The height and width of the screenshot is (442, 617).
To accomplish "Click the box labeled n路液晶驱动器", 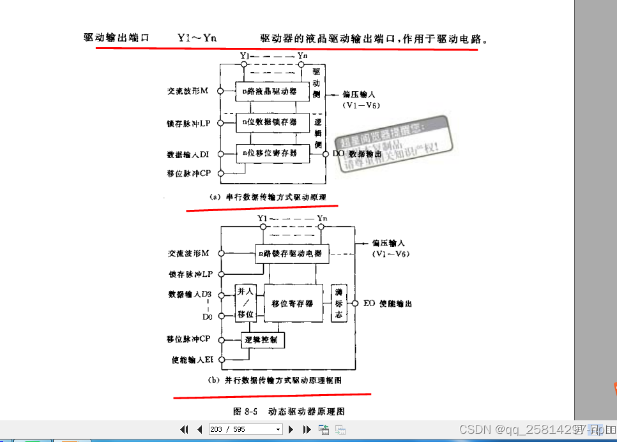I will pyautogui.click(x=269, y=91).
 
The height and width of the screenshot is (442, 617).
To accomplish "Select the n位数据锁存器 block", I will pyautogui.click(x=269, y=121).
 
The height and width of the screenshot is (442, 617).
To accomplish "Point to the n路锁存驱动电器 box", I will pyautogui.click(x=291, y=253).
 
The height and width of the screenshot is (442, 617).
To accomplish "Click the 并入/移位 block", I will pyautogui.click(x=245, y=302).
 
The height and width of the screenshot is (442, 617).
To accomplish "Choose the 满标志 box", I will pyautogui.click(x=339, y=303).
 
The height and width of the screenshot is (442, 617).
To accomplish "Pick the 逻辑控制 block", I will pyautogui.click(x=263, y=340).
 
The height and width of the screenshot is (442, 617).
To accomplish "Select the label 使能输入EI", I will pyautogui.click(x=191, y=360).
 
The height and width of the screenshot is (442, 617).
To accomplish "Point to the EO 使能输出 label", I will pyautogui.click(x=388, y=303).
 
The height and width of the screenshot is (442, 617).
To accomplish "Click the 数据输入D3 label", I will pyautogui.click(x=189, y=294).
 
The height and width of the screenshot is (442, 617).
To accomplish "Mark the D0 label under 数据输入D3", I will pyautogui.click(x=207, y=316).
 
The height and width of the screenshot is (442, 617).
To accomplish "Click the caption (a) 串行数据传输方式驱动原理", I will pyautogui.click(x=268, y=197).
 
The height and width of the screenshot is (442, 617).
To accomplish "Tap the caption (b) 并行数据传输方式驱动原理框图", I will pyautogui.click(x=275, y=380).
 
